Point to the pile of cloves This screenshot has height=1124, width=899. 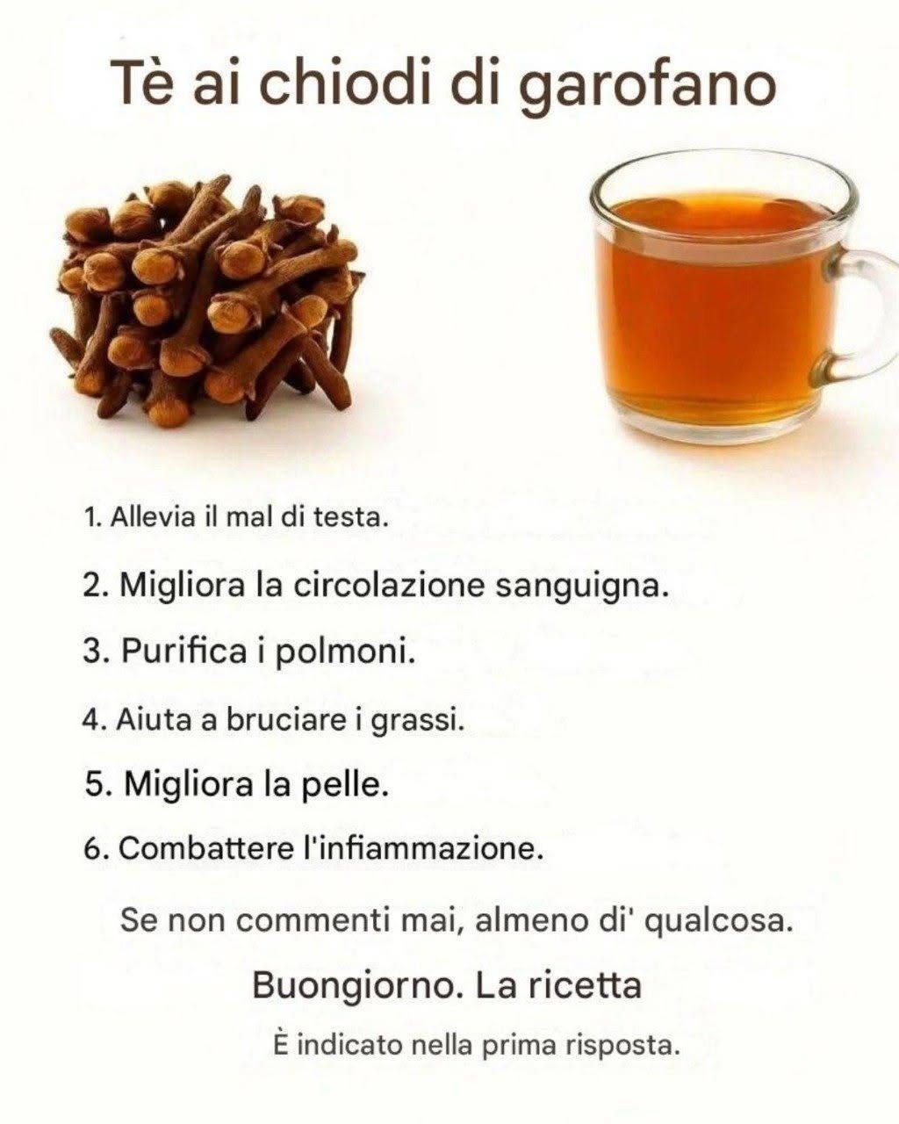(x=206, y=300)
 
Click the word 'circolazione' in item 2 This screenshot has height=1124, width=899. (x=389, y=586)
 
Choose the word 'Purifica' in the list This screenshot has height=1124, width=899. (x=183, y=652)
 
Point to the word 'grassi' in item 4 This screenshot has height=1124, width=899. (x=418, y=723)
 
